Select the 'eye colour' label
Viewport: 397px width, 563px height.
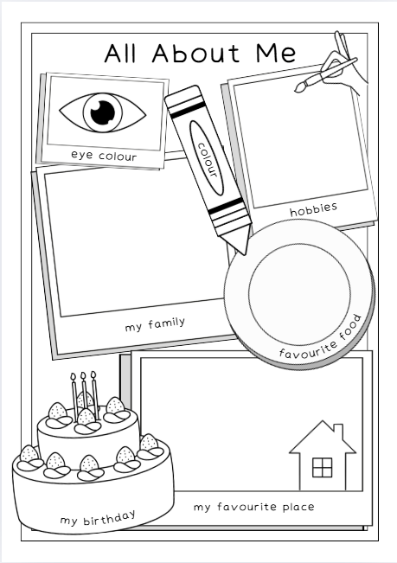[106, 155]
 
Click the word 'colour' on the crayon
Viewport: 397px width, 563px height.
[206, 157]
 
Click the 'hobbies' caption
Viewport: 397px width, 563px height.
[313, 208]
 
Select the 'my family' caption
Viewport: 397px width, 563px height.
[155, 324]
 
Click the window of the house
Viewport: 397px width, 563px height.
[323, 467]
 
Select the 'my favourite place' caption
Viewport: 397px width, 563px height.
[253, 506]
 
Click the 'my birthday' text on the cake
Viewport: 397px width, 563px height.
[98, 517]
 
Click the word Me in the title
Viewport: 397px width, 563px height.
[273, 53]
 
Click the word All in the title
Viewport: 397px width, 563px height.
[123, 53]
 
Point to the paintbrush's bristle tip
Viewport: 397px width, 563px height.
[299, 86]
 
